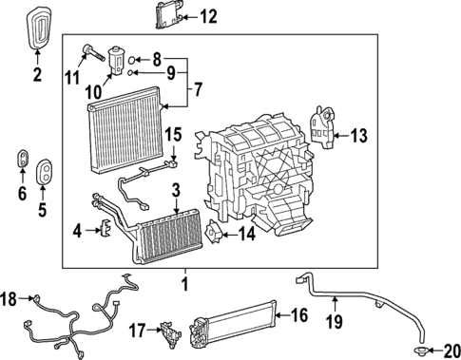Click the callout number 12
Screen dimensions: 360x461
click(x=208, y=16)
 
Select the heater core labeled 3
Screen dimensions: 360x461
click(x=169, y=234)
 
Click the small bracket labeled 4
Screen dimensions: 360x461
click(x=106, y=228)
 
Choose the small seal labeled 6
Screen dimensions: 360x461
click(x=21, y=158)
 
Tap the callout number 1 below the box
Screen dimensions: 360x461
click(x=185, y=284)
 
